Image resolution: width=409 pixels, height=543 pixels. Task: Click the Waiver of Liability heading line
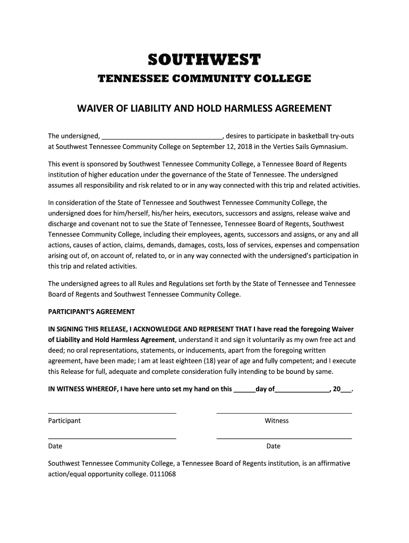click(x=204, y=109)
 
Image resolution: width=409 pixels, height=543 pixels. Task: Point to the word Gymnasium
click(x=329, y=146)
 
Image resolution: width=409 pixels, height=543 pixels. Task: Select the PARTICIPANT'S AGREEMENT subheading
click(x=91, y=312)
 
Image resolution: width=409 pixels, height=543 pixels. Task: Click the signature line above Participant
click(x=112, y=413)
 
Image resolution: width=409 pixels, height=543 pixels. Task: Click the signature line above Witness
click(x=284, y=413)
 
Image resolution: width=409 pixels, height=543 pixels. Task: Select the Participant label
click(x=64, y=421)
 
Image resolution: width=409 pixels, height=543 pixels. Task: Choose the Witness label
click(x=277, y=421)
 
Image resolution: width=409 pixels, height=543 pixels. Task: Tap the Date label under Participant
click(x=55, y=446)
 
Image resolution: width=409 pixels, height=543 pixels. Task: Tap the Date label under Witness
click(x=274, y=446)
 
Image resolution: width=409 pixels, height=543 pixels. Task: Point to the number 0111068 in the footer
click(x=163, y=474)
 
